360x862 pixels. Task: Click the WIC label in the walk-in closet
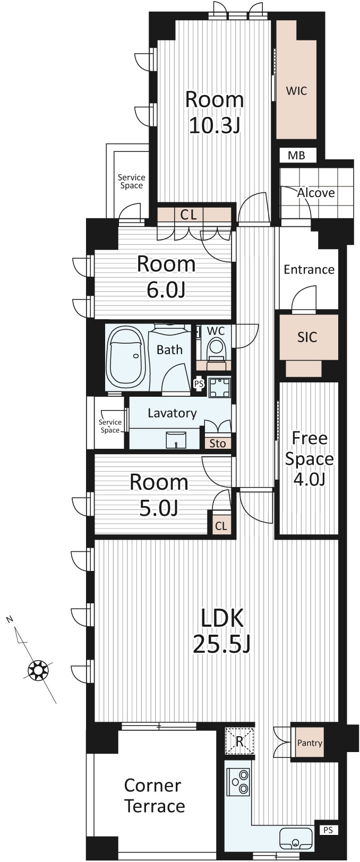296,91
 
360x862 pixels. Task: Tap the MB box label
296,156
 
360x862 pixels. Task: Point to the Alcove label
316,192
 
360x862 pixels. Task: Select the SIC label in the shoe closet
307,337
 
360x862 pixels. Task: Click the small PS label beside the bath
199,383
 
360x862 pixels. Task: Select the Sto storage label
217,443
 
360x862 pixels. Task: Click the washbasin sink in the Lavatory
176,439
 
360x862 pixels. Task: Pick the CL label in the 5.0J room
221,526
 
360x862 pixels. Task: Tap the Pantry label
310,742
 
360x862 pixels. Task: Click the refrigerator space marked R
239,741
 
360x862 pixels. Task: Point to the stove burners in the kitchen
238,782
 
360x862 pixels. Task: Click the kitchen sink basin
296,838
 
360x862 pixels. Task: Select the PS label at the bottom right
328,830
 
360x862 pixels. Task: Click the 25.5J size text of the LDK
221,644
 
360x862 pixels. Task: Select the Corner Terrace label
155,796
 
